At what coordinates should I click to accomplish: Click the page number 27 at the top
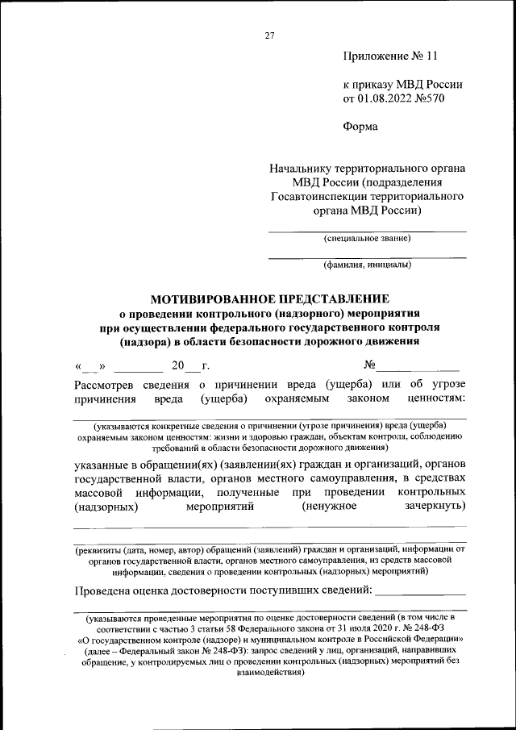point(269,35)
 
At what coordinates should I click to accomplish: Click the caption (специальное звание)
point(367,238)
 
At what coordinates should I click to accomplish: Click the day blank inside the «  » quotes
point(90,367)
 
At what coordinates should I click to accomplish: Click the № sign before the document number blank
point(371,366)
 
